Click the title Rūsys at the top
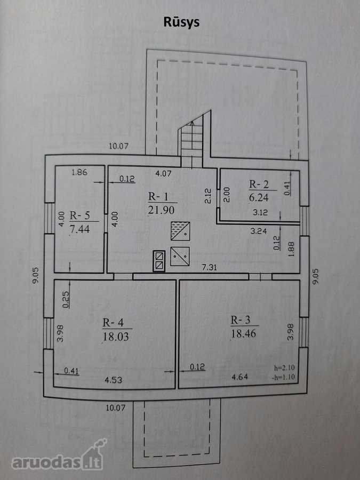(181, 22)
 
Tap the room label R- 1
(158, 196)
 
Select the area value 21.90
(161, 210)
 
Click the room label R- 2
(259, 185)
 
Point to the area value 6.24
(259, 197)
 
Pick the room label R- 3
(241, 320)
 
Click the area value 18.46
(243, 333)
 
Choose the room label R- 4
(113, 323)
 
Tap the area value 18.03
(116, 337)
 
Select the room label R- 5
(79, 215)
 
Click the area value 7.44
(80, 229)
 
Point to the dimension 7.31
(210, 267)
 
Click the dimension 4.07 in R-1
(163, 173)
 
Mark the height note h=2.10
(284, 367)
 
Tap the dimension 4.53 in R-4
(113, 380)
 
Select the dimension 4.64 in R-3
(239, 377)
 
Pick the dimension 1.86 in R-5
(79, 172)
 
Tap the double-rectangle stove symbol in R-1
(159, 261)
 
